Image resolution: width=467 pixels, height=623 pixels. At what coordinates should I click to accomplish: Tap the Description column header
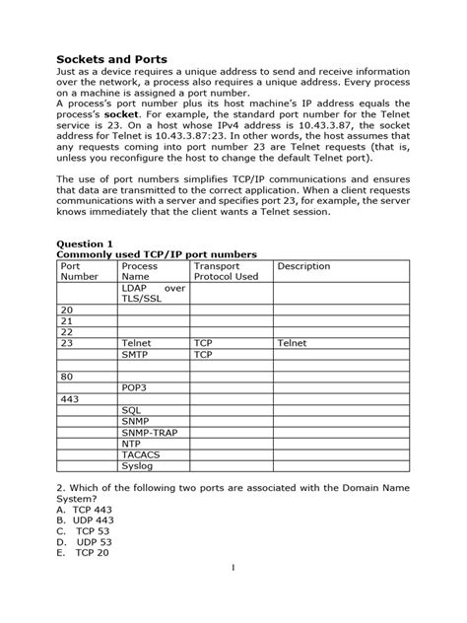click(x=304, y=266)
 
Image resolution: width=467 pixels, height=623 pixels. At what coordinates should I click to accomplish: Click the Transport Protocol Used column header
click(x=226, y=271)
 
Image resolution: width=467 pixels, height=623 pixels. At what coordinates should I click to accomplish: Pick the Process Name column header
click(x=141, y=271)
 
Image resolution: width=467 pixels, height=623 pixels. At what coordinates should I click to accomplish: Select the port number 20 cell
click(x=67, y=310)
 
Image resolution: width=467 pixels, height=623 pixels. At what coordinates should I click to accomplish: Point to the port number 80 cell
click(x=67, y=376)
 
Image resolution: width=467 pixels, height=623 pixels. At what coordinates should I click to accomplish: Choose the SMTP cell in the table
click(x=136, y=353)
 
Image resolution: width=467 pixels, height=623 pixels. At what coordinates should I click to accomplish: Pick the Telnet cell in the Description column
click(x=293, y=342)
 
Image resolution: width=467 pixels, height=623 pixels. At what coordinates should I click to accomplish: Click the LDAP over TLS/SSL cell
click(x=153, y=293)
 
